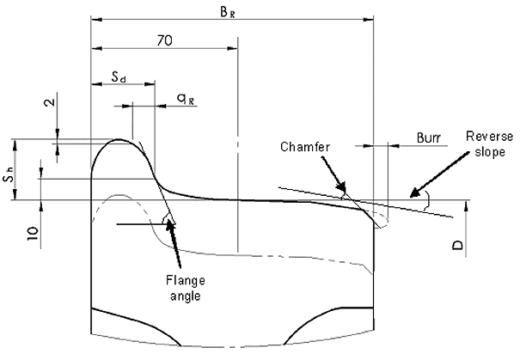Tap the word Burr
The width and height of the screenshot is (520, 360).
430,137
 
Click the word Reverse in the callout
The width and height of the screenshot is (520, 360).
486,137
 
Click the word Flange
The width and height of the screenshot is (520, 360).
186,281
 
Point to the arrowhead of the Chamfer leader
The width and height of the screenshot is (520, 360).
346,192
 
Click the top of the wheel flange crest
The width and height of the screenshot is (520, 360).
119,140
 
